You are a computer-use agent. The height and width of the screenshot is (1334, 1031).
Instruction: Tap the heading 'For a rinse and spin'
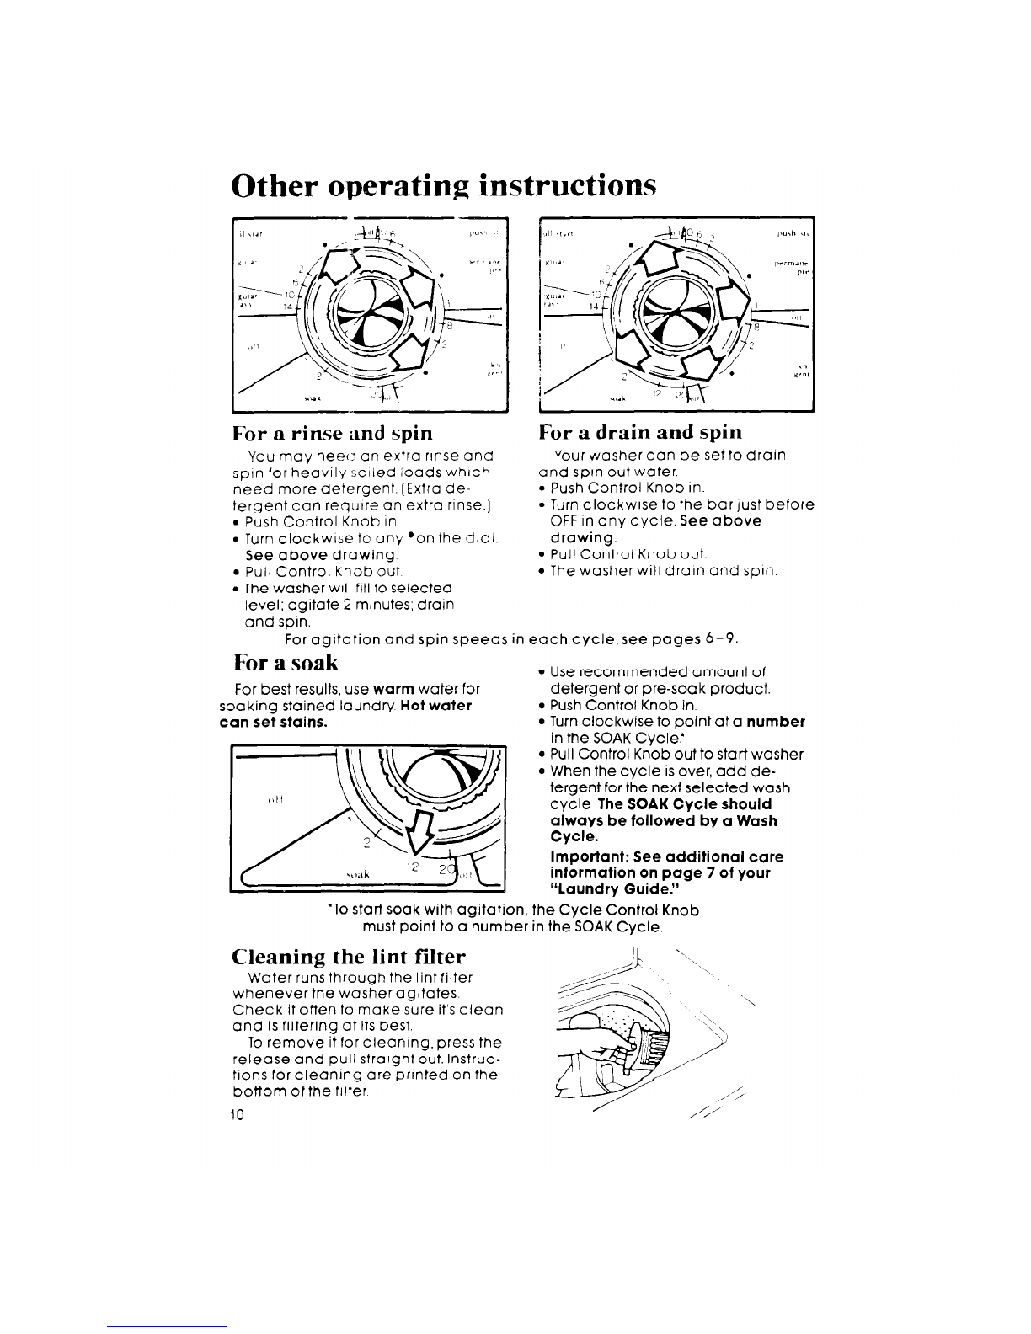click(333, 434)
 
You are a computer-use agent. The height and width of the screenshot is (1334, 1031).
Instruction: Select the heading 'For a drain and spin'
click(640, 433)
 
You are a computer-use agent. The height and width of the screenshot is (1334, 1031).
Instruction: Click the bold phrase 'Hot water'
click(439, 705)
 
